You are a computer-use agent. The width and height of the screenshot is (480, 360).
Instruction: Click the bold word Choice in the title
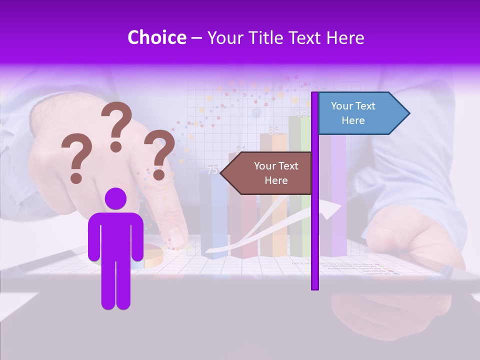[156, 38]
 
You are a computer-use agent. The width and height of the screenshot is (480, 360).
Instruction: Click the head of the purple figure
[115, 198]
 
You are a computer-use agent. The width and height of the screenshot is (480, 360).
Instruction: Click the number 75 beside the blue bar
[212, 170]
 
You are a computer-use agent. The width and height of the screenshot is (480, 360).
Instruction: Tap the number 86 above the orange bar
[273, 131]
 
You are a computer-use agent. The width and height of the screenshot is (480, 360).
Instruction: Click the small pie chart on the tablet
[152, 256]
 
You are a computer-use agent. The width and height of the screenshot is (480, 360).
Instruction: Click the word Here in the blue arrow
[353, 120]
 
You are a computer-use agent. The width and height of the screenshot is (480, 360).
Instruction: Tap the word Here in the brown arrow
[276, 180]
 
